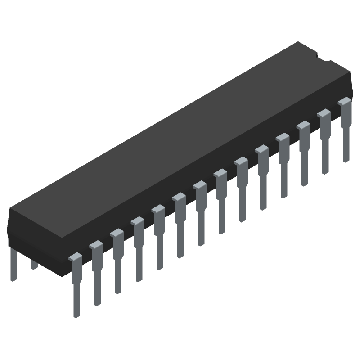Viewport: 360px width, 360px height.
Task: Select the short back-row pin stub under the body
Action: click(34, 265)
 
